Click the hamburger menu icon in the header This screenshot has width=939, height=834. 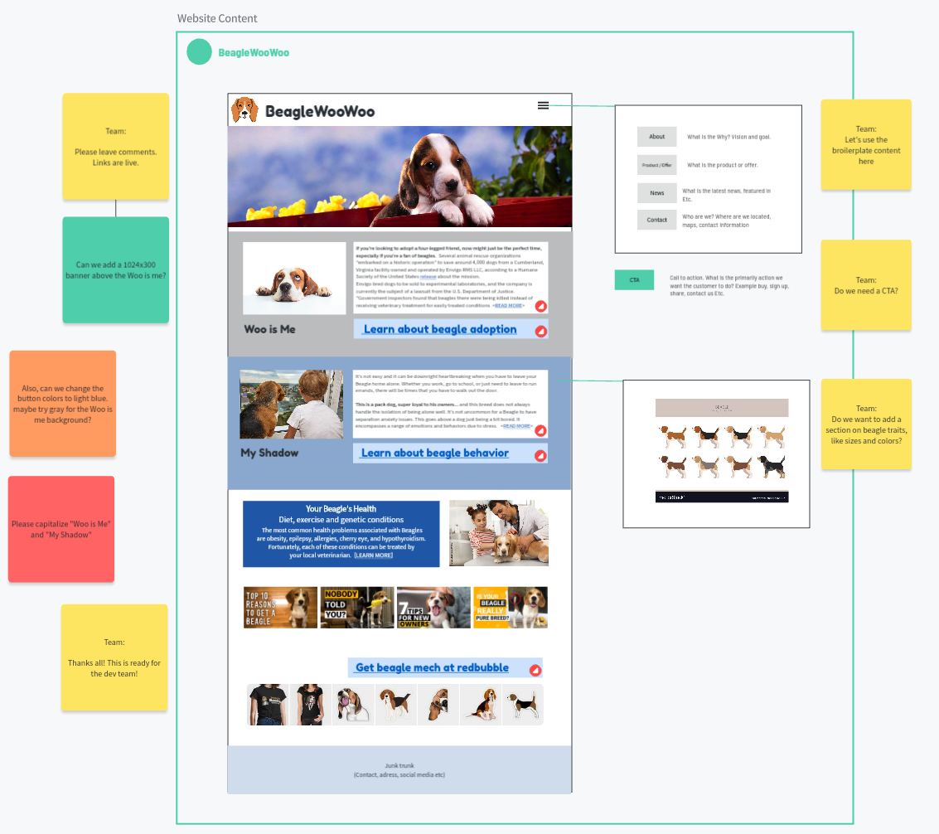coord(543,105)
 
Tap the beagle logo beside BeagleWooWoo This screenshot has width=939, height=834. coord(244,110)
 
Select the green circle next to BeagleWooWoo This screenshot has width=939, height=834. coord(200,52)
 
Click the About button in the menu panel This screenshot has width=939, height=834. coord(657,137)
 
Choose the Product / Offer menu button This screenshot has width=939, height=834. coord(657,165)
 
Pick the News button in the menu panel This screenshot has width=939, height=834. coord(657,193)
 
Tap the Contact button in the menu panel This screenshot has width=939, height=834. coord(657,220)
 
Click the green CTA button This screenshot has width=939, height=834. coord(634,280)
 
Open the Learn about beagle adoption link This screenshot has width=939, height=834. coord(440,329)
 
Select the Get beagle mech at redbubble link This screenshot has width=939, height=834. coord(432,667)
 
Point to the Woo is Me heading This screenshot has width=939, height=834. coord(269,329)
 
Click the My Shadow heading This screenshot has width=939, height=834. coord(269,453)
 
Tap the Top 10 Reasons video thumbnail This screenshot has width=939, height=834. coord(280,608)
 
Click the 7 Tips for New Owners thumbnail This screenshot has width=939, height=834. coord(433,608)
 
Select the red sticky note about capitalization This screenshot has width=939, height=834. coord(61,529)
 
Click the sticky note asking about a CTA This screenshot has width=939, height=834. coord(866,285)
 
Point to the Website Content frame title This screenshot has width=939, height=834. coord(217,18)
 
